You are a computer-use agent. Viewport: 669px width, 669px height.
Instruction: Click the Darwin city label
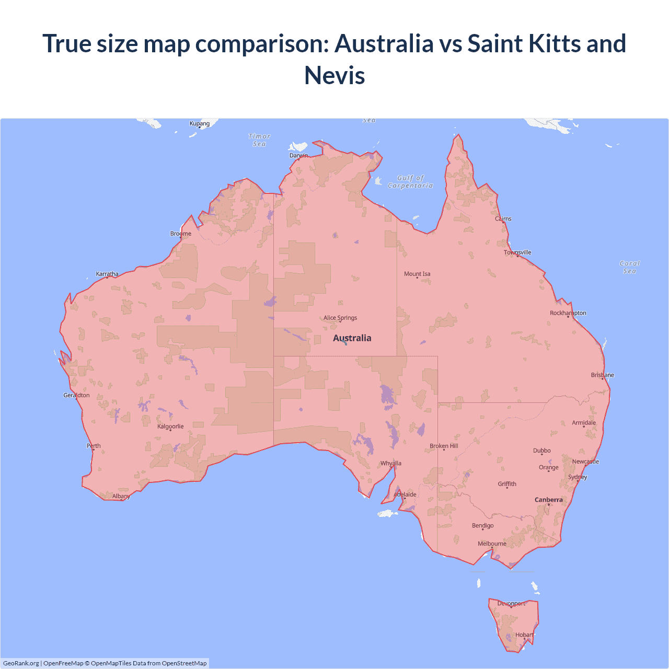click(298, 155)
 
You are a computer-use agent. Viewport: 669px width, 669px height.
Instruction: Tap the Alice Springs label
click(340, 318)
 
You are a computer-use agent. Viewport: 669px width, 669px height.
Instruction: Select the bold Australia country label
click(352, 338)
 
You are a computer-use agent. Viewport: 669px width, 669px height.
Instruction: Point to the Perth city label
click(94, 446)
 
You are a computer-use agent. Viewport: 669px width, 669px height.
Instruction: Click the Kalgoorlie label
click(170, 426)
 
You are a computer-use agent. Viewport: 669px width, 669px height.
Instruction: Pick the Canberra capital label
click(549, 500)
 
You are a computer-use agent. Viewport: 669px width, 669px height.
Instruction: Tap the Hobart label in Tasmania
click(524, 635)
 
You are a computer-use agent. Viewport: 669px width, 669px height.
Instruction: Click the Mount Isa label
click(417, 274)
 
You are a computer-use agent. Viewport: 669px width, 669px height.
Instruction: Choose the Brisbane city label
click(603, 375)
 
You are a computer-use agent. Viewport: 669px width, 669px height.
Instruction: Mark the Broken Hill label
click(444, 446)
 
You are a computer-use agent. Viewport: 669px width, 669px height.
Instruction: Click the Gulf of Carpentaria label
click(410, 181)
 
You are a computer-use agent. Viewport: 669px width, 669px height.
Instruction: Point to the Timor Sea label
click(259, 140)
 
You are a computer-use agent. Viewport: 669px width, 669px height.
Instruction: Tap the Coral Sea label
click(630, 267)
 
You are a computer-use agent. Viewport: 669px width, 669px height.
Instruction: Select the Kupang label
click(200, 124)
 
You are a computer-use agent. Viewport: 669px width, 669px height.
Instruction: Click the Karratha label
click(107, 274)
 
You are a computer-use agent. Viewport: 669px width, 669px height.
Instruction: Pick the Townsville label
click(517, 252)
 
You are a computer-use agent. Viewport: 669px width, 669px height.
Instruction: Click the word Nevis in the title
click(334, 75)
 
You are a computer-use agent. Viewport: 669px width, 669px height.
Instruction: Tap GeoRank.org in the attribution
click(21, 663)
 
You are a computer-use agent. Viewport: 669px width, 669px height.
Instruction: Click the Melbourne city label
click(492, 544)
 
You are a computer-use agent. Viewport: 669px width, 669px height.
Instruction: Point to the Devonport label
click(511, 603)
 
